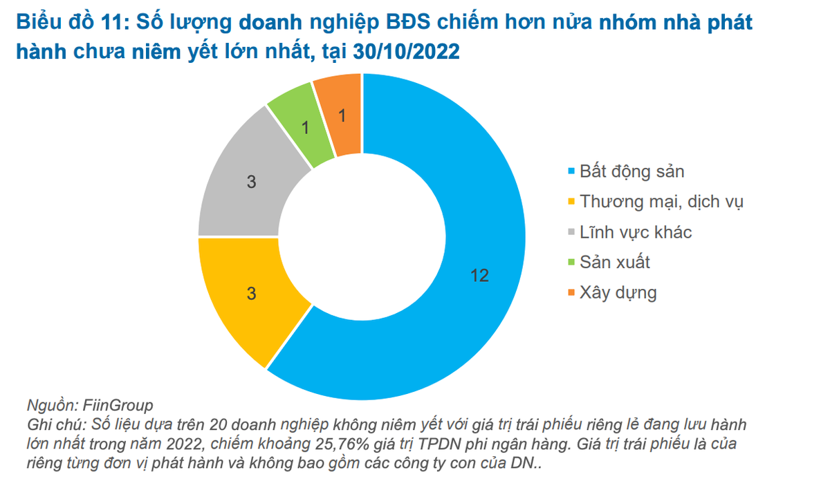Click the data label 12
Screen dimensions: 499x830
479,276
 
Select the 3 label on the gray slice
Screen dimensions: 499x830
251,182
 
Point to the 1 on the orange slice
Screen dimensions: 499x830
341,115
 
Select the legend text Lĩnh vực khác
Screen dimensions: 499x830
636,232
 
